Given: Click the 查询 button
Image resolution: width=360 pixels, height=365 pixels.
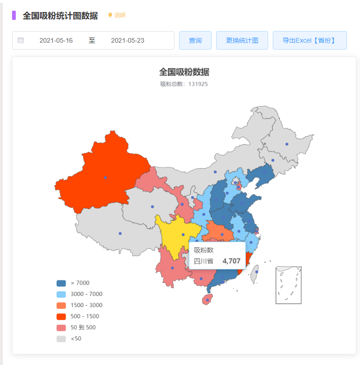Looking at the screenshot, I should (x=195, y=40).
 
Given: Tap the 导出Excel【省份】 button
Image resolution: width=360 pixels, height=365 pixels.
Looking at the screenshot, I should (x=309, y=40).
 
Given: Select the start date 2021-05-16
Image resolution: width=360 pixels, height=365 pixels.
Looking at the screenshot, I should (x=56, y=40).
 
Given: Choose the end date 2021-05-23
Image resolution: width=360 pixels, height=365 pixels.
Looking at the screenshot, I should (x=128, y=40).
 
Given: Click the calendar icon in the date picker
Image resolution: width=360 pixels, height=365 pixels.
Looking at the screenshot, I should (x=21, y=40).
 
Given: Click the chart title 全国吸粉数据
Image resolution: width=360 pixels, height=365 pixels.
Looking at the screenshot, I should (x=184, y=72).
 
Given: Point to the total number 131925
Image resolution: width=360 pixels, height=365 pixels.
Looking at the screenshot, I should (x=198, y=84).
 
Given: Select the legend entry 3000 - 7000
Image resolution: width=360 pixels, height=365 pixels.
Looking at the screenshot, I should (x=79, y=294).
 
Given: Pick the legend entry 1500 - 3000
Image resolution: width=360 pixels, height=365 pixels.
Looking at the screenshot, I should (x=79, y=305).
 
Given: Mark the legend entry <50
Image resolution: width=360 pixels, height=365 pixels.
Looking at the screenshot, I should (x=70, y=339).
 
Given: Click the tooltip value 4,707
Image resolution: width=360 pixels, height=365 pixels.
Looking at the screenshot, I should (x=231, y=261).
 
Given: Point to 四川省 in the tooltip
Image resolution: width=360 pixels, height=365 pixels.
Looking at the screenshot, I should (x=204, y=261).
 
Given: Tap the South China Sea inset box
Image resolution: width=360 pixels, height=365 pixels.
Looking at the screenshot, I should (x=289, y=285).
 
